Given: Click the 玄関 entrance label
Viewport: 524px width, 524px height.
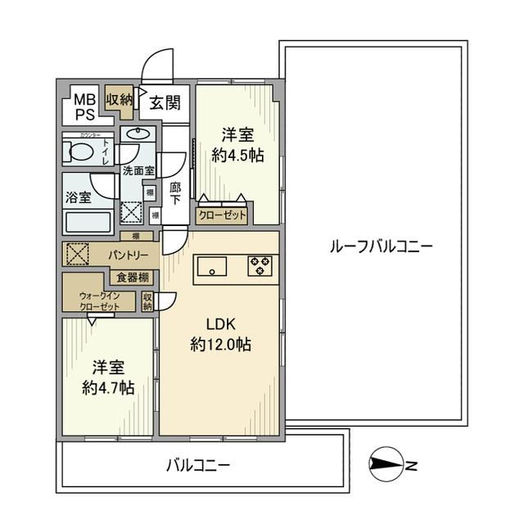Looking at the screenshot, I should pyautogui.click(x=165, y=102).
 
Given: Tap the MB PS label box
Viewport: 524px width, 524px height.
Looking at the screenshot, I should pyautogui.click(x=85, y=106).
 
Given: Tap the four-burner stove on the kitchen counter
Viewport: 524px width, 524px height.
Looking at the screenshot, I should pyautogui.click(x=261, y=265).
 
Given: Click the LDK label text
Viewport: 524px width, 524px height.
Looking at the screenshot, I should pyautogui.click(x=220, y=324).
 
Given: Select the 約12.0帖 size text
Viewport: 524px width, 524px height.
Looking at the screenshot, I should pyautogui.click(x=220, y=345).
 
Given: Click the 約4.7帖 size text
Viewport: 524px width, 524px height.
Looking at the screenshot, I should pyautogui.click(x=108, y=387).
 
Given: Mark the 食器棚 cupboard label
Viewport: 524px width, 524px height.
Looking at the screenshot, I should pyautogui.click(x=132, y=277).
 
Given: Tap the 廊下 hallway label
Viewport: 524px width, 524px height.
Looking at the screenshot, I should pyautogui.click(x=175, y=193).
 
